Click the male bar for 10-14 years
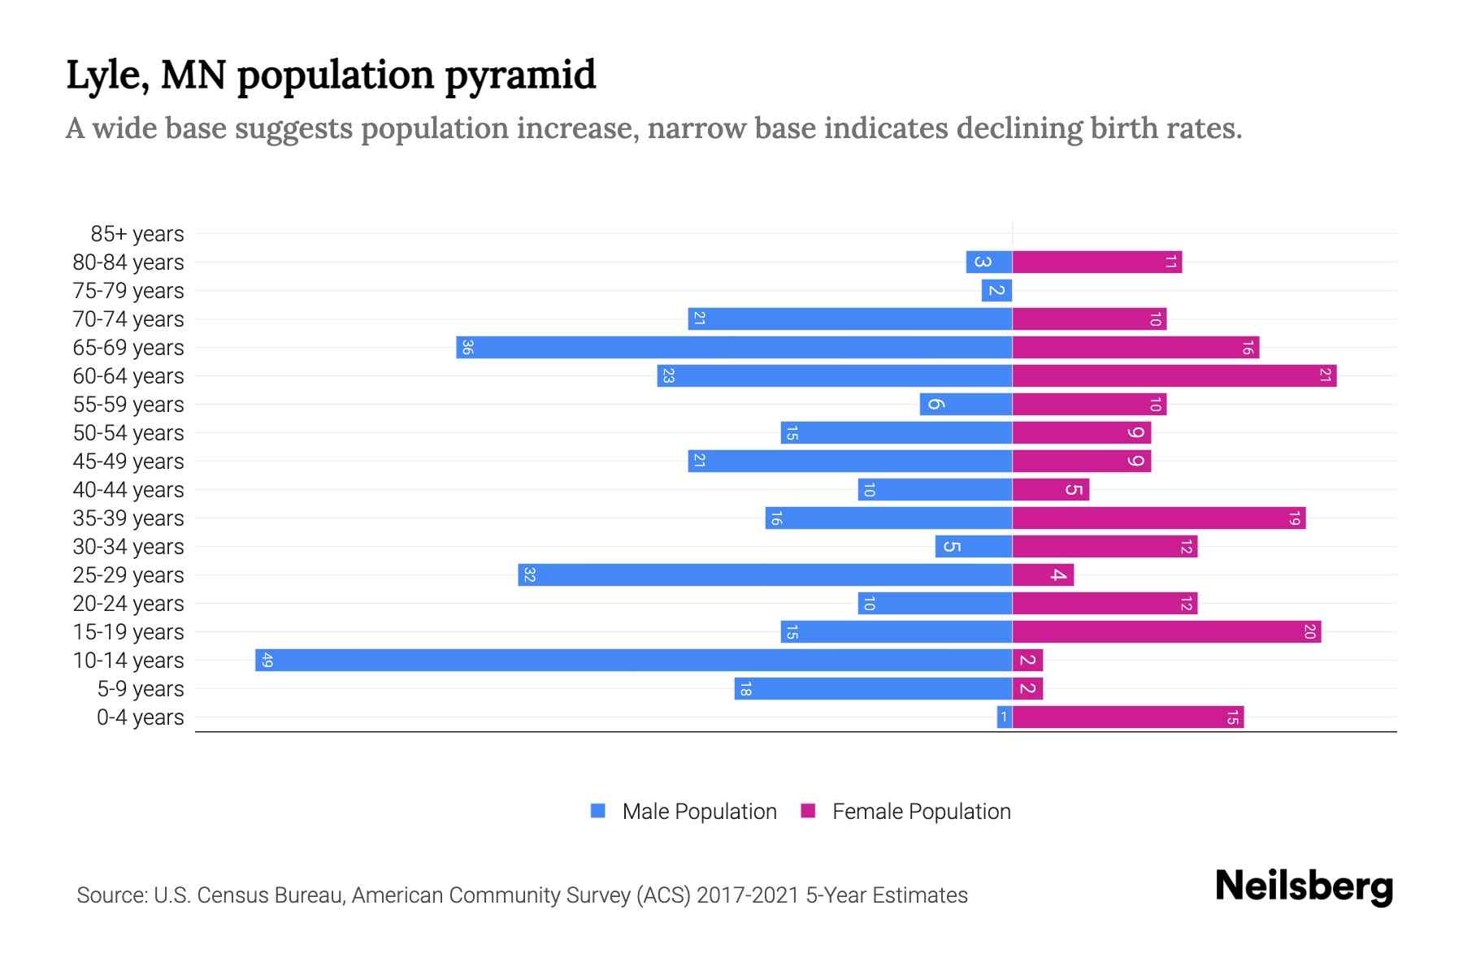[634, 660]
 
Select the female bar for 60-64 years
[1174, 375]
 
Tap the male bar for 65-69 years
[734, 347]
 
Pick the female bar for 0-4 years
[1127, 717]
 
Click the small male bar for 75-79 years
[996, 290]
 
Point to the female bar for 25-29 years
[1043, 574]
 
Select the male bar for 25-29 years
[765, 574]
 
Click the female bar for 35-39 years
[1158, 518]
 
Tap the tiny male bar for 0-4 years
[1005, 717]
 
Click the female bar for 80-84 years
[1096, 262]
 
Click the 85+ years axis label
[137, 234]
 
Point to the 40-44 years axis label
[128, 490]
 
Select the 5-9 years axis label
[140, 689]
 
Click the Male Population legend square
[598, 811]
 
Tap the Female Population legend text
[921, 812]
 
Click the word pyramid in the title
[520, 76]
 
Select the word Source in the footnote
[111, 895]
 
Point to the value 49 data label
[267, 661]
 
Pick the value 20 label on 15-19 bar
[1309, 631]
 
